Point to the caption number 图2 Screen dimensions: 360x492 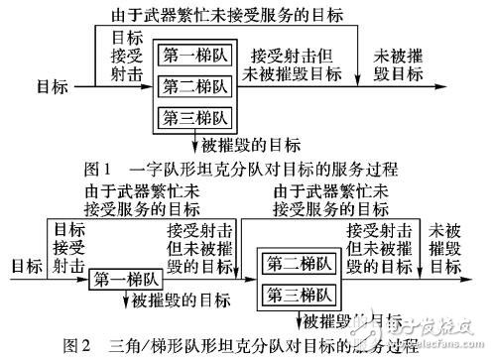coord(78,346)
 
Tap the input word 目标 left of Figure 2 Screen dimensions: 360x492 coord(24,266)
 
